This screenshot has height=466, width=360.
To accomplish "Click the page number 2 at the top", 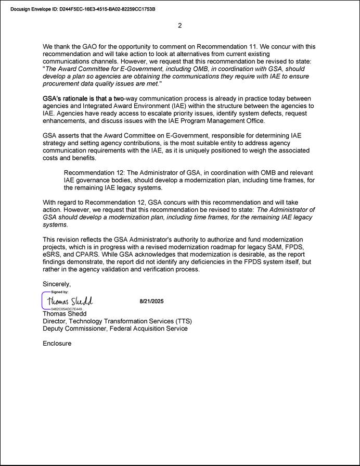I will click(180, 26).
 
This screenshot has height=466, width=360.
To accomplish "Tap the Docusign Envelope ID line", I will click(83, 9).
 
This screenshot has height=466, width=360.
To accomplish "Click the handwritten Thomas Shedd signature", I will click(70, 301).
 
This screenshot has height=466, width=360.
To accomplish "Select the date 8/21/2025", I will click(152, 301).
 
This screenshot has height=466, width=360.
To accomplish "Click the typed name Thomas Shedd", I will click(65, 314).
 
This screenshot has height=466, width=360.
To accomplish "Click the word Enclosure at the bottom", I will click(57, 344).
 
